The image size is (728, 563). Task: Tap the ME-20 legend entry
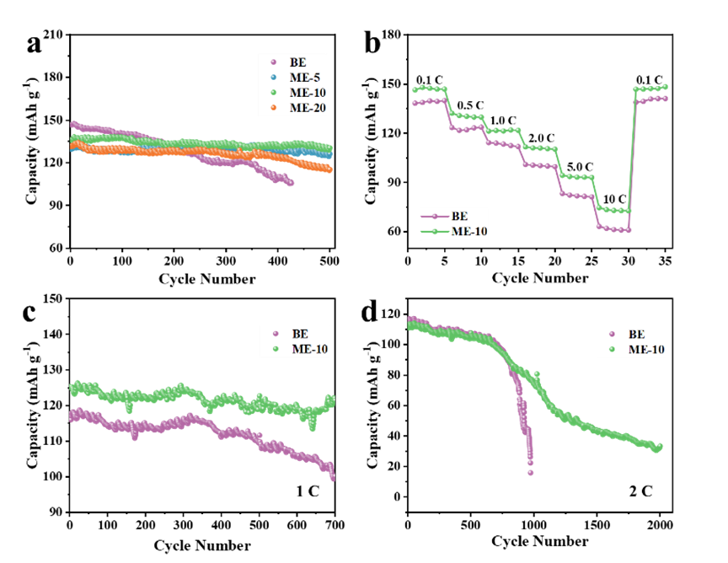[308, 108]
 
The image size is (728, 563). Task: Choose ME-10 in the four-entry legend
[308, 93]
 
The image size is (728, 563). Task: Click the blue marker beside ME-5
[273, 78]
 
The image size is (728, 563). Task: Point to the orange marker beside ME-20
[273, 108]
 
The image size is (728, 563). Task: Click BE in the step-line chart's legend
[459, 217]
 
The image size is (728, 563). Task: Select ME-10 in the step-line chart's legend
[469, 232]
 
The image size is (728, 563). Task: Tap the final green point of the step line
[666, 86]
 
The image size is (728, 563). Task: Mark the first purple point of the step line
[415, 104]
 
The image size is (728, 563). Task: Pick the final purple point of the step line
[666, 99]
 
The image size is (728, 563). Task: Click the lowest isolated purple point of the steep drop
[531, 473]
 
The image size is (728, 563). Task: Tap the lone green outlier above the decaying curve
[537, 374]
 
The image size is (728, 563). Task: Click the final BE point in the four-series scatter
[292, 183]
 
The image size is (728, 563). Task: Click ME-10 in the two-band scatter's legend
[310, 350]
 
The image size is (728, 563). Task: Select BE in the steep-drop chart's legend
[636, 334]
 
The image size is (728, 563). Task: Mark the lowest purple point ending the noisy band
[333, 479]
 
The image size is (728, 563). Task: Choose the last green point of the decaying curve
[661, 446]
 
